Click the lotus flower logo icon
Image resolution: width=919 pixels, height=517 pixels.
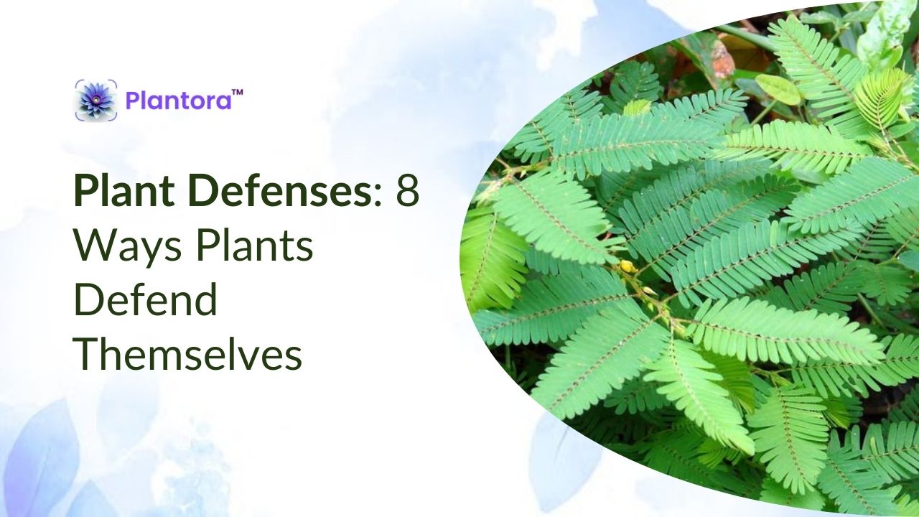(96, 100)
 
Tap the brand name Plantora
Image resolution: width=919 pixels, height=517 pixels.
(179, 100)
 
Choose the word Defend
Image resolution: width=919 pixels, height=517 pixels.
(145, 300)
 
